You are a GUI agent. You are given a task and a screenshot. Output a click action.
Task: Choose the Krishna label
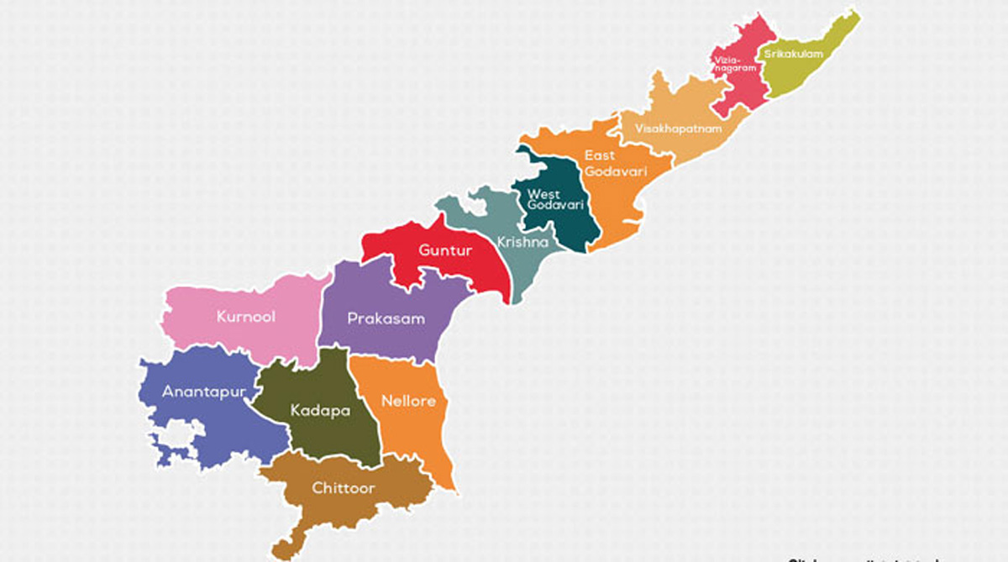[522, 243]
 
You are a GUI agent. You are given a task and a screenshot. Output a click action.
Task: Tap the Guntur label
[445, 250]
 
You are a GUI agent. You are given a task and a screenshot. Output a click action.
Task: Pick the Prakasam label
[386, 319]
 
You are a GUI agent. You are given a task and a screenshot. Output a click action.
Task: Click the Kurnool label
[245, 317]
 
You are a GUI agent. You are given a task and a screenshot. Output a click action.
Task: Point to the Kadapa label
[320, 411]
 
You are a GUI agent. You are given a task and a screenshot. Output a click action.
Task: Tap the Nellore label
[408, 401]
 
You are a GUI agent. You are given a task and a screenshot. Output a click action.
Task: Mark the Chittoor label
[344, 487]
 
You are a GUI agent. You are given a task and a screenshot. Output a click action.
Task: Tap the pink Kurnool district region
[252, 336]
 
